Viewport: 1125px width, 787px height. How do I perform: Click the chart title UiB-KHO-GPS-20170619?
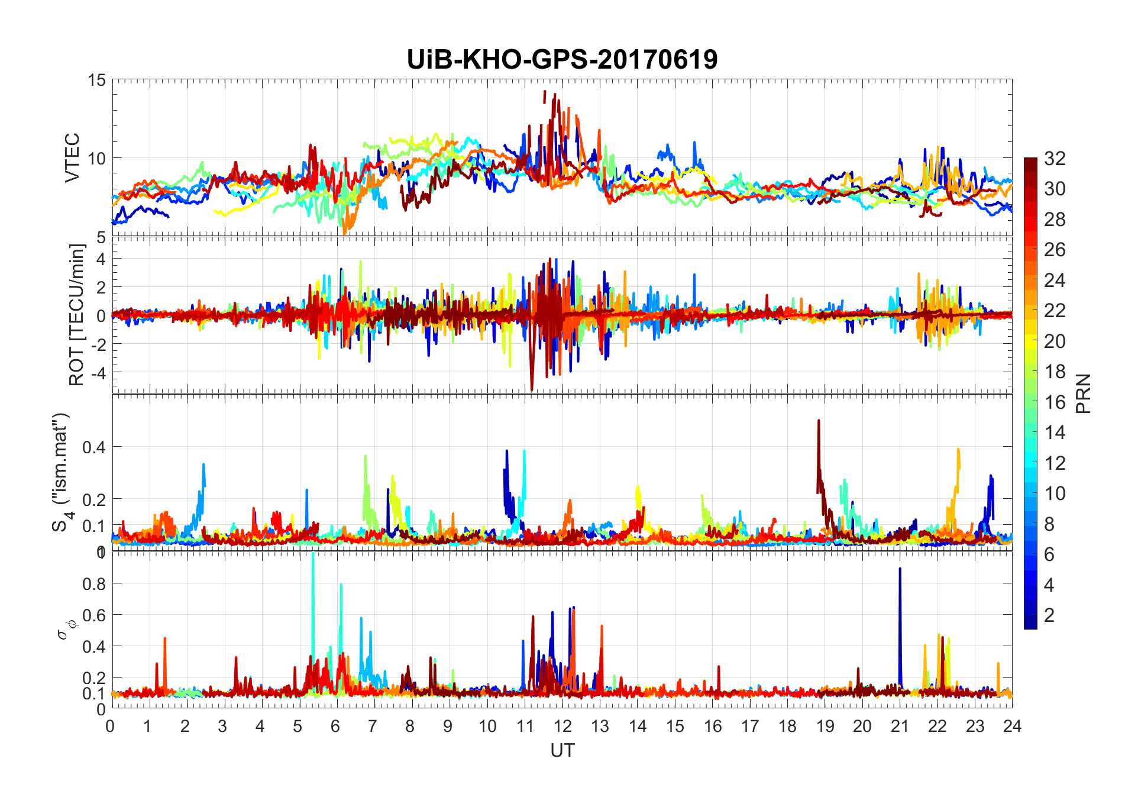(562, 59)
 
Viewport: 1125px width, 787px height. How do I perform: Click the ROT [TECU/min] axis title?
(76, 315)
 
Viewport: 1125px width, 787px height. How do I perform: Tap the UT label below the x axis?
(562, 750)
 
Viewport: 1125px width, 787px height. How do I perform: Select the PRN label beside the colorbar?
(1083, 393)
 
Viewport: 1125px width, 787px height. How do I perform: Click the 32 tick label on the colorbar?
(1055, 158)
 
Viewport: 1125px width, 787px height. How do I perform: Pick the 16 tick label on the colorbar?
(1055, 402)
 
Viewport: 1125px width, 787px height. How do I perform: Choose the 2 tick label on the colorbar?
(1049, 615)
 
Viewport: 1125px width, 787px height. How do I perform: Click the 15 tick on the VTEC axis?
(96, 80)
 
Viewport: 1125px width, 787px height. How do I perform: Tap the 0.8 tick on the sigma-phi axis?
(94, 583)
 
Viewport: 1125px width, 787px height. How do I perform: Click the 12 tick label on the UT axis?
(562, 726)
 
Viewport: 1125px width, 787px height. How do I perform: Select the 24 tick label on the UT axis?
(1012, 726)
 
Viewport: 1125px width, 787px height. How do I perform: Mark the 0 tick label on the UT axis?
(111, 726)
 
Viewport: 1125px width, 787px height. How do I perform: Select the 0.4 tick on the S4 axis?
(94, 447)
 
